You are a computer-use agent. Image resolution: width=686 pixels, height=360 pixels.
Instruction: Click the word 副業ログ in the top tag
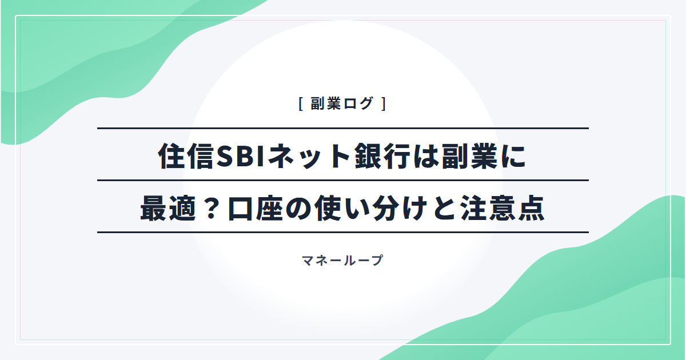click(342, 103)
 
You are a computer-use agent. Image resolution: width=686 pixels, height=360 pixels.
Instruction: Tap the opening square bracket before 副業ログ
click(301, 104)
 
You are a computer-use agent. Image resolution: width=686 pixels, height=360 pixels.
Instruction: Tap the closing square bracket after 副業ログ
click(384, 104)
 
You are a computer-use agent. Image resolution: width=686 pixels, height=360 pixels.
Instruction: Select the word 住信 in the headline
click(186, 157)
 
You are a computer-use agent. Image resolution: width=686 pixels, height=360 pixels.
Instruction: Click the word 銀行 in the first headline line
click(383, 157)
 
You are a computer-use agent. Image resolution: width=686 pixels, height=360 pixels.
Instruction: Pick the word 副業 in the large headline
click(469, 157)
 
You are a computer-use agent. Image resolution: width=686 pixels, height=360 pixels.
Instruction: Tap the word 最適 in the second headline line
click(168, 209)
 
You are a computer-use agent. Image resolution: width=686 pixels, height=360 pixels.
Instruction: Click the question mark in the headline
click(211, 209)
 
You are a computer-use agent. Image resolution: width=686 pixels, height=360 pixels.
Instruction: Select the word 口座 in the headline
click(255, 209)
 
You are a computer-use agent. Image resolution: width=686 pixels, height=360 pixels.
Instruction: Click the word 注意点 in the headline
click(502, 209)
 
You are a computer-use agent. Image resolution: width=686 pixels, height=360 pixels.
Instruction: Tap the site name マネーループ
click(342, 261)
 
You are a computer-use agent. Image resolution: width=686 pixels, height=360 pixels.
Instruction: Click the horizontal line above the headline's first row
click(343, 128)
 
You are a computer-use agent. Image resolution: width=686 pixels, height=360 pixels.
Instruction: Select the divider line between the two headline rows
click(343, 181)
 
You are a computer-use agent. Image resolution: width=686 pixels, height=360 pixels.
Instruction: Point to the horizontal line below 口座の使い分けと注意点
click(343, 233)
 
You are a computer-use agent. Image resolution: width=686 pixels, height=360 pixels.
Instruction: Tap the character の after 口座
click(298, 209)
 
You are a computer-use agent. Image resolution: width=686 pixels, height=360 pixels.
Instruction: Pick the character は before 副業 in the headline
click(426, 157)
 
